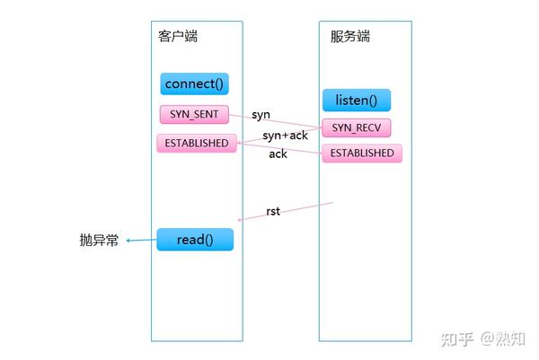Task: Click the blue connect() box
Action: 194,84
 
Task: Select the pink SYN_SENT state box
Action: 193,115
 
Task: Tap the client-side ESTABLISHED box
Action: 196,143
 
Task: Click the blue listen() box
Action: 357,100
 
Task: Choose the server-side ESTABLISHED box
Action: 361,154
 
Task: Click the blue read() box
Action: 195,240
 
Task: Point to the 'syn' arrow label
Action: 261,116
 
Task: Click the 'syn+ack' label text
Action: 285,136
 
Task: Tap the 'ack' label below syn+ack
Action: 278,154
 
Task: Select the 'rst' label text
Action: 273,212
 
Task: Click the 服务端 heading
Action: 350,37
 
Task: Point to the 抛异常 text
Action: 99,241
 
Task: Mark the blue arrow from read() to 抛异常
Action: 141,240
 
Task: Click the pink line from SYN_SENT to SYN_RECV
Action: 275,122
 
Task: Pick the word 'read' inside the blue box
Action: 190,240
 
